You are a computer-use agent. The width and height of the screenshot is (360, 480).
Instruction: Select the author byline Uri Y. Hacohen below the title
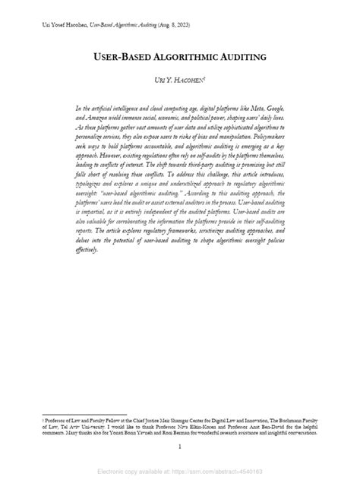[180, 80]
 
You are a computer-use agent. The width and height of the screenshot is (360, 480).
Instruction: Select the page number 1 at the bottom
[180, 447]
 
